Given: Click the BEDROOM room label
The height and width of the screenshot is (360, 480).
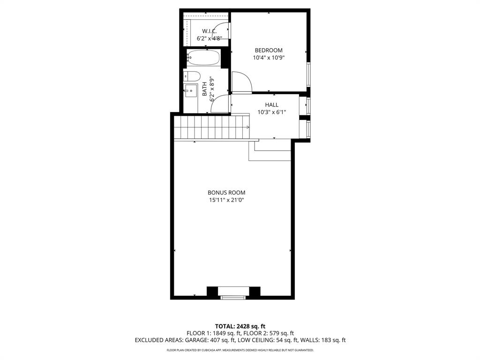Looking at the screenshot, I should click(x=269, y=50).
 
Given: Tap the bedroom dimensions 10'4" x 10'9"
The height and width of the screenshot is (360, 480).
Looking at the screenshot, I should click(x=269, y=58).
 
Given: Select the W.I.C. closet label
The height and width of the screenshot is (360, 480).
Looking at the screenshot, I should click(x=209, y=31).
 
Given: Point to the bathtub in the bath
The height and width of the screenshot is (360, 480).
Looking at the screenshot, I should click(x=203, y=58).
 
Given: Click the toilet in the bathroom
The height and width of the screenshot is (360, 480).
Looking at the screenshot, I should click(x=193, y=76).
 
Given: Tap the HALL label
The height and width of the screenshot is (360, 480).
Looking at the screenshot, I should click(x=271, y=105).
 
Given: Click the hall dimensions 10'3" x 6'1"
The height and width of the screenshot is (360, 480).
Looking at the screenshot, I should click(x=271, y=112).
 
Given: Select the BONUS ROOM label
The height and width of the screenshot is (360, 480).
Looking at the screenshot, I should click(x=226, y=193).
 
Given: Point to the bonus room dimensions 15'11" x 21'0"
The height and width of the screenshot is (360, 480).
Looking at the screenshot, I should click(x=226, y=200).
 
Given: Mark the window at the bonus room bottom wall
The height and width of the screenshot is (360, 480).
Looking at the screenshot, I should click(x=233, y=296).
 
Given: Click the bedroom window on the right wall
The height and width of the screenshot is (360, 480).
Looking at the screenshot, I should click(x=308, y=74).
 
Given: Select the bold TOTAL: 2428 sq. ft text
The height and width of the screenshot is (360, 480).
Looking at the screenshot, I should click(x=240, y=326).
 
